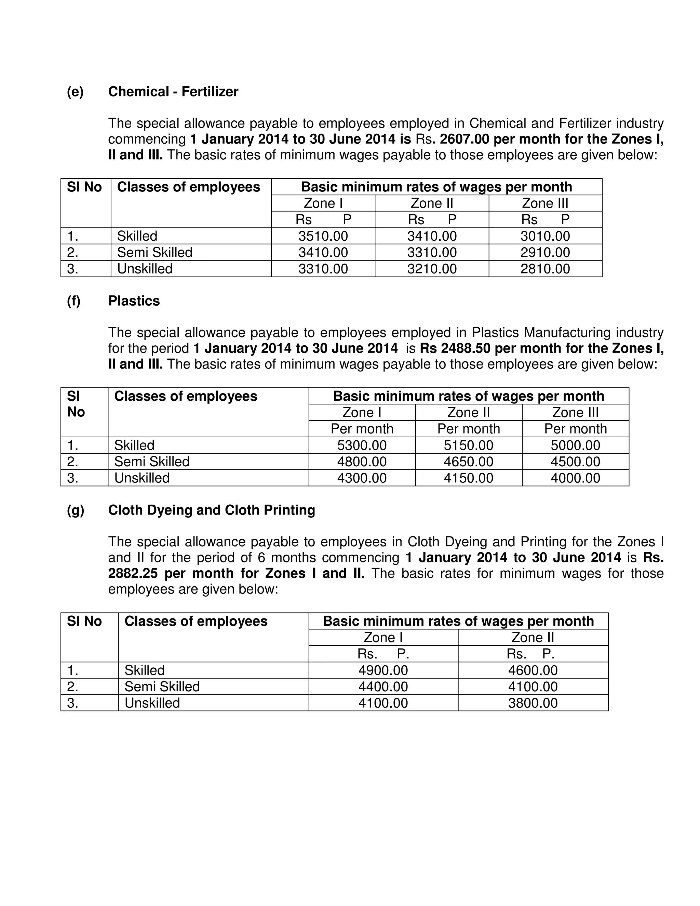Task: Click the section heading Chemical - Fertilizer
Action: [173, 92]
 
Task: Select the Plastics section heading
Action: [134, 301]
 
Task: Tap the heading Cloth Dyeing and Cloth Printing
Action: [212, 510]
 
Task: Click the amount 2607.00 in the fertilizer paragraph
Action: [465, 139]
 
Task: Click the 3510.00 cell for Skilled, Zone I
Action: [323, 236]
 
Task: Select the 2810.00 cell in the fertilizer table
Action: [545, 269]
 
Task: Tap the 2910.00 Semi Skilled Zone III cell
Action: [545, 252]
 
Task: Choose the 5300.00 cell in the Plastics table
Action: [362, 445]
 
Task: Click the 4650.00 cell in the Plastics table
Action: [468, 462]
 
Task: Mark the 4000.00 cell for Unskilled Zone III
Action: [575, 478]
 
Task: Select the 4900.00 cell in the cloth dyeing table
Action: [383, 670]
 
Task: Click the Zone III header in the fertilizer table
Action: [545, 203]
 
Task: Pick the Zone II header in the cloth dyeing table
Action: [533, 638]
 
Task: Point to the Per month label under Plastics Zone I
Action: [362, 429]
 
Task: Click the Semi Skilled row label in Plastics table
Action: [151, 462]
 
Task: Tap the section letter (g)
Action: [75, 510]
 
